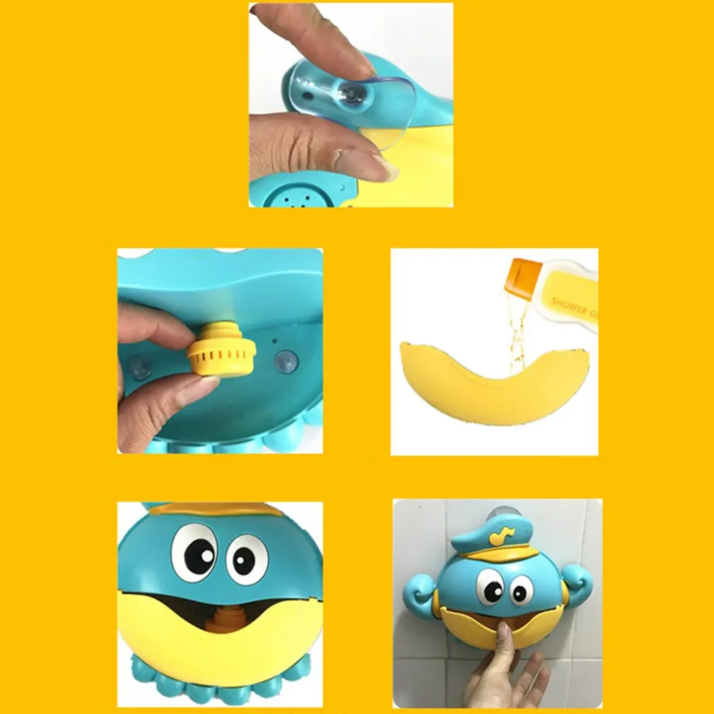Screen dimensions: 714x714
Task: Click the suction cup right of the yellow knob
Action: coord(286,361)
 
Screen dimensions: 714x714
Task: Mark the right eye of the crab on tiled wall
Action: coord(521,590)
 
